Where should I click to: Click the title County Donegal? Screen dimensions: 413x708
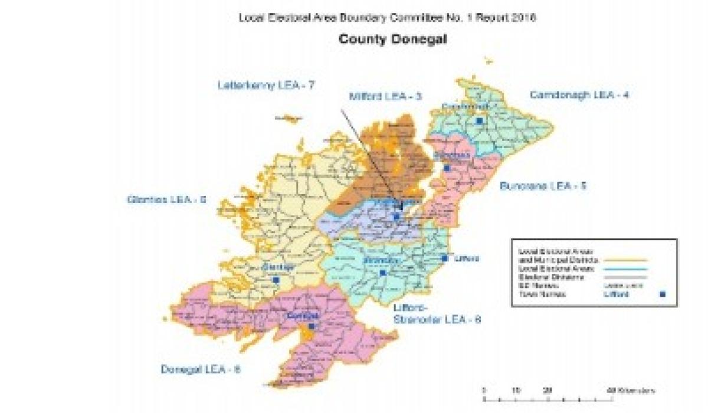(387, 40)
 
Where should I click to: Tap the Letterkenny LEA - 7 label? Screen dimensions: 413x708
(265, 85)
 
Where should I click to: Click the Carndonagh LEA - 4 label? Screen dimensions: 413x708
(579, 94)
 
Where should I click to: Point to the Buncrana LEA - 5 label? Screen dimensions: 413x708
(543, 186)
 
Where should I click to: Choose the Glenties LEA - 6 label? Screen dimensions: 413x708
(166, 199)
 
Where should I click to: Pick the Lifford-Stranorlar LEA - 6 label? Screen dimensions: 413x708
(437, 314)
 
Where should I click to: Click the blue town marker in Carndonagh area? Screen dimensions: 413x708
(480, 120)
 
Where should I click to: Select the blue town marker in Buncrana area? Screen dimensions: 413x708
(447, 168)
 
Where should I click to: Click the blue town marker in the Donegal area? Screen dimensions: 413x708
(311, 326)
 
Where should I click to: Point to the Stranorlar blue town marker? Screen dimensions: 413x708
(383, 273)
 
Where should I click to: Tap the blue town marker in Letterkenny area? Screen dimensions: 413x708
(397, 217)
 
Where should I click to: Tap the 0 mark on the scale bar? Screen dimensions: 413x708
(484, 391)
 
